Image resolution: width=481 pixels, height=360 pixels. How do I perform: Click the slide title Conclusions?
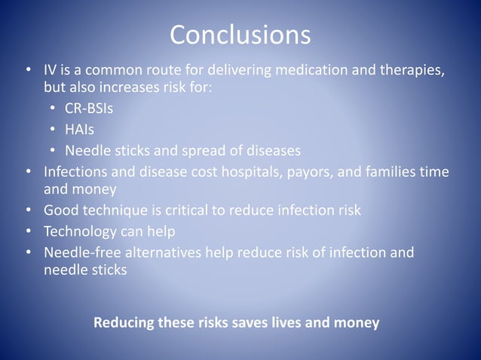click(240, 35)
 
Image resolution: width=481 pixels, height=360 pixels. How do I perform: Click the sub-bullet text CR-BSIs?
click(89, 110)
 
